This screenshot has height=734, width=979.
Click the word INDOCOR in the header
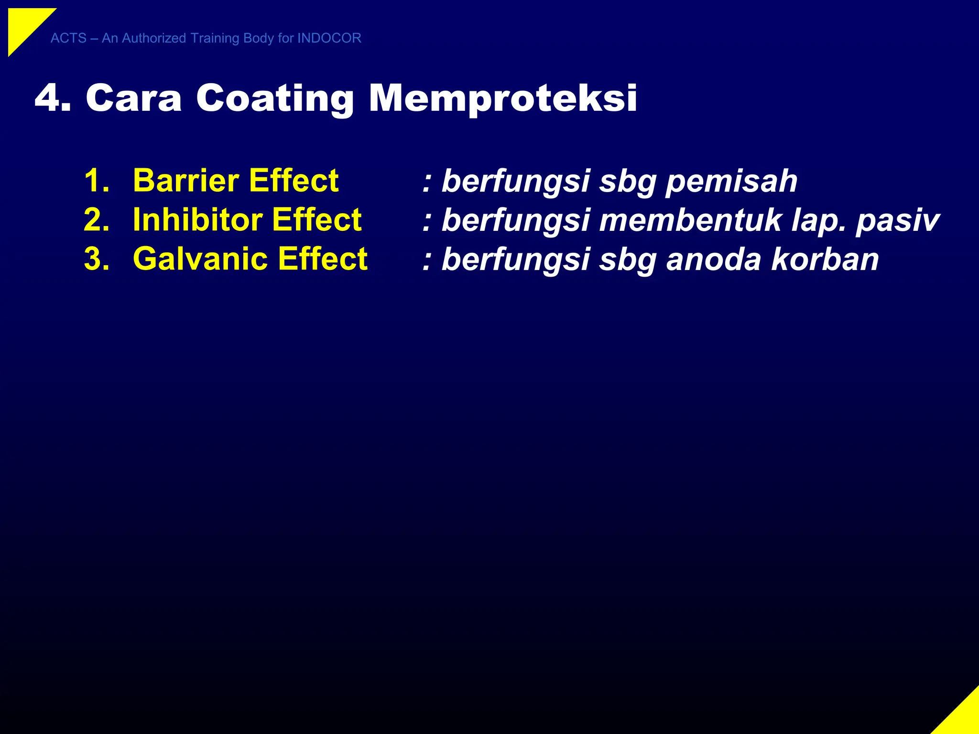click(x=329, y=38)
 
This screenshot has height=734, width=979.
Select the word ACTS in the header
click(x=68, y=38)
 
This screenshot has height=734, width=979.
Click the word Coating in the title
click(x=275, y=98)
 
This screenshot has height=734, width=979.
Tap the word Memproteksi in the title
click(x=502, y=98)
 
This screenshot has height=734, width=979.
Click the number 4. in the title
click(x=53, y=98)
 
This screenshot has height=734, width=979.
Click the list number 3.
click(x=97, y=259)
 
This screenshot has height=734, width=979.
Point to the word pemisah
click(x=731, y=182)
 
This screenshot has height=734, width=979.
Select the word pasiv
click(x=897, y=221)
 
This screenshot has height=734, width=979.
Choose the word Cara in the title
click(x=134, y=98)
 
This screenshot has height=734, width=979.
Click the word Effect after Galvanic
click(x=323, y=259)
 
